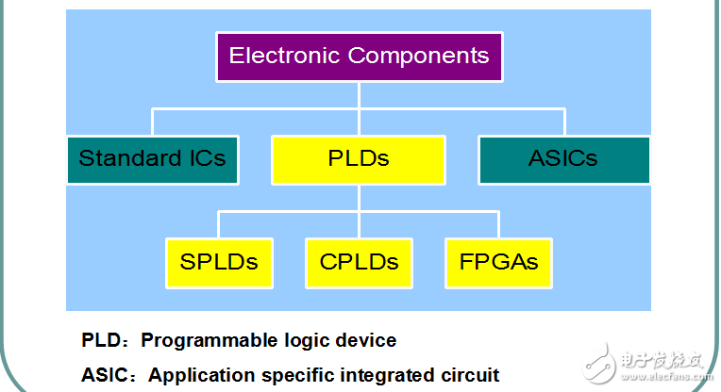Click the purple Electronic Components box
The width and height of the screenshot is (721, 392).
pyautogui.click(x=359, y=56)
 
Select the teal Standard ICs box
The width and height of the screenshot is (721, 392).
pyautogui.click(x=153, y=158)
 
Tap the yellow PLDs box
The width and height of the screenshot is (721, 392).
pyautogui.click(x=359, y=158)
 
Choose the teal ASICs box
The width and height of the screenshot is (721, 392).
pyautogui.click(x=564, y=158)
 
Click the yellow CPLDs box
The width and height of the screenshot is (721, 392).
pyautogui.click(x=359, y=262)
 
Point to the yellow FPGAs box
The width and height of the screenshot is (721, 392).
pyautogui.click(x=498, y=262)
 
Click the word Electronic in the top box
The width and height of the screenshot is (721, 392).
pyautogui.click(x=285, y=56)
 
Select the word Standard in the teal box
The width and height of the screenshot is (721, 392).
pyautogui.click(x=122, y=158)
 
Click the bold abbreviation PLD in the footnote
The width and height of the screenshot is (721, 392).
pyautogui.click(x=100, y=339)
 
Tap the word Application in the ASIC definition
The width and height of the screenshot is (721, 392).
pyautogui.click(x=193, y=374)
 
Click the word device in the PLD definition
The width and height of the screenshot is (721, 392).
pyautogui.click(x=367, y=339)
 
